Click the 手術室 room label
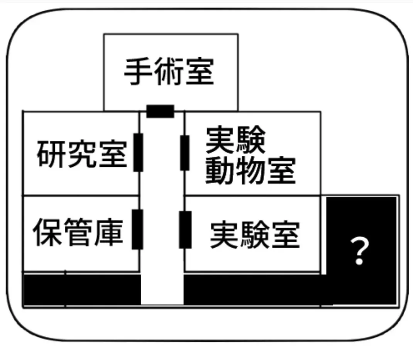(169, 72)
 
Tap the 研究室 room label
(82, 154)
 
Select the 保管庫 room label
(78, 232)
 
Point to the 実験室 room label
(255, 235)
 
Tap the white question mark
(359, 250)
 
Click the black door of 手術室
(161, 111)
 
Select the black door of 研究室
(138, 152)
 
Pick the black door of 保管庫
(137, 229)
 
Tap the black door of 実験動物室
(185, 153)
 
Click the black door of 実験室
(185, 229)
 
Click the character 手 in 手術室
(138, 72)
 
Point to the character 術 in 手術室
(169, 72)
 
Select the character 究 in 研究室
(82, 154)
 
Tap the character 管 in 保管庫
(78, 232)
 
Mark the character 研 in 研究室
(52, 154)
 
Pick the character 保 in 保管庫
(47, 232)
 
